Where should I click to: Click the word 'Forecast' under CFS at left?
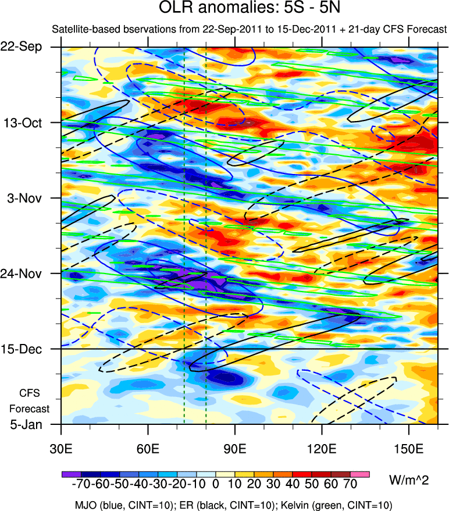[x=31, y=409]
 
